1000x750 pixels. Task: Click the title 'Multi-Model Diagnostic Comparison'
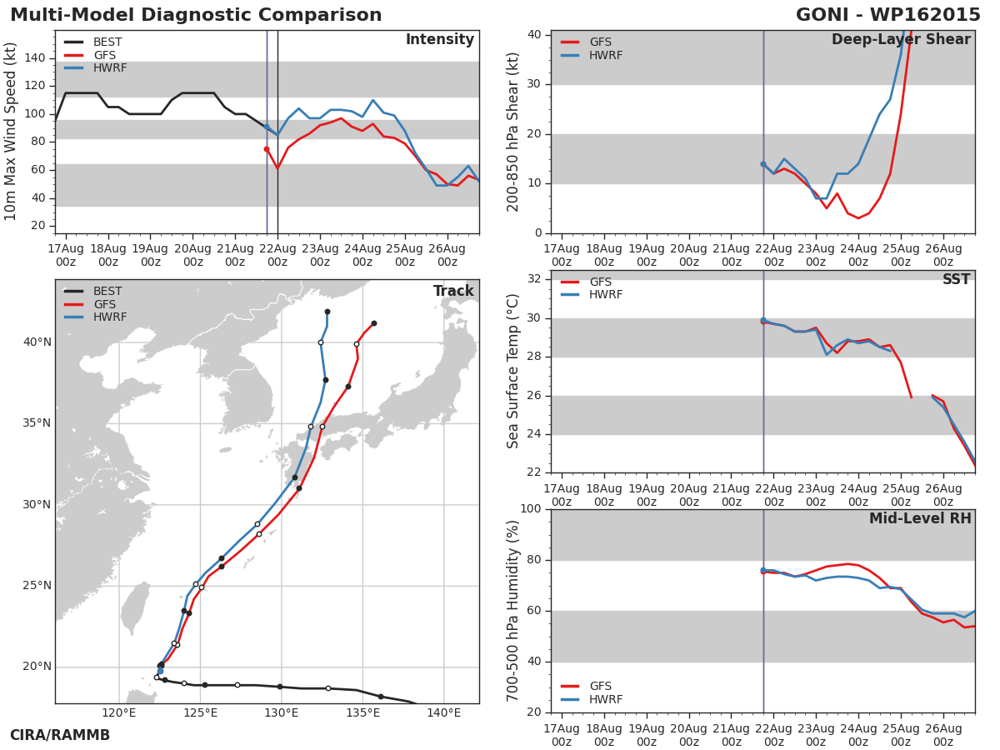(x=196, y=16)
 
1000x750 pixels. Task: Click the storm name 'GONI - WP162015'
(x=887, y=16)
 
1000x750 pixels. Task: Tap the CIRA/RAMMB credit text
(x=60, y=736)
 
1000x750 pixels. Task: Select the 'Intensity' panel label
(x=439, y=40)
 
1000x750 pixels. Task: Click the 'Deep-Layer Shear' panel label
(x=901, y=40)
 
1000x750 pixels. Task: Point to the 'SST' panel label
(x=956, y=280)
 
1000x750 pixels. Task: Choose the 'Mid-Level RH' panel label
(x=920, y=519)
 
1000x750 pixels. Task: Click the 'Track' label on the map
(x=453, y=292)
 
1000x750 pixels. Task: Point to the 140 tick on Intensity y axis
(x=35, y=58)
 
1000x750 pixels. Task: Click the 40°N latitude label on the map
(x=37, y=342)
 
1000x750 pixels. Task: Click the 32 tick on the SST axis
(x=534, y=279)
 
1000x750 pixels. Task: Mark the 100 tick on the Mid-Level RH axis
(x=530, y=509)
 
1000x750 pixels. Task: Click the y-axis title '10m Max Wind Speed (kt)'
(x=11, y=132)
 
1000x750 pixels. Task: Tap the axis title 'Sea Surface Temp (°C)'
(x=513, y=371)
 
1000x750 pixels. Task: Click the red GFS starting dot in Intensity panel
(x=267, y=149)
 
